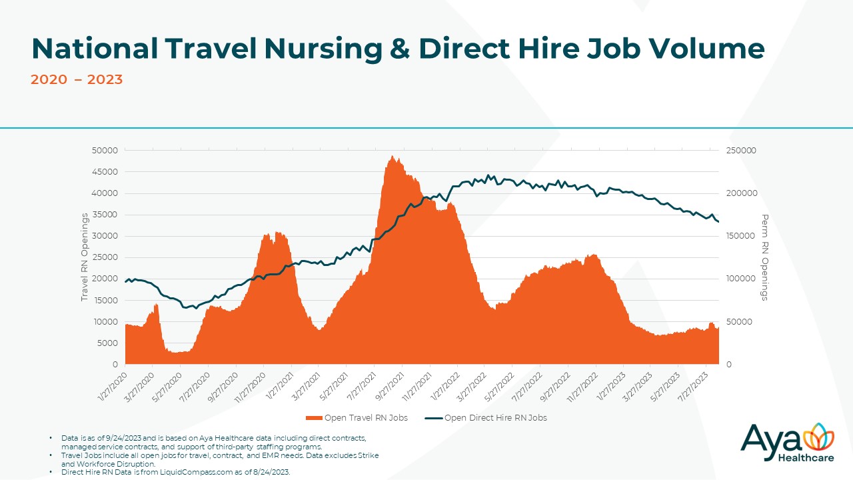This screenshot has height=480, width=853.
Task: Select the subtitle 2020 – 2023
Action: point(77,80)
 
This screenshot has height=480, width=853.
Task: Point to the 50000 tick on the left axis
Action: point(105,151)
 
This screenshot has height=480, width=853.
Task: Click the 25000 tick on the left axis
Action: point(105,257)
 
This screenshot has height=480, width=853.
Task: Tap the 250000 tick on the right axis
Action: point(741,151)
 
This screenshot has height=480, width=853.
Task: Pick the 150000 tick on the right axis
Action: point(741,236)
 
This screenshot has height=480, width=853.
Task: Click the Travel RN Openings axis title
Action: point(85,257)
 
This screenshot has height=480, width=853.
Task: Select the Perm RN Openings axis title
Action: point(764,257)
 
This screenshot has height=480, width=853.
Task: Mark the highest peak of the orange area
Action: point(393,157)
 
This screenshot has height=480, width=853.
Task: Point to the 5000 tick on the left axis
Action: point(107,343)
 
